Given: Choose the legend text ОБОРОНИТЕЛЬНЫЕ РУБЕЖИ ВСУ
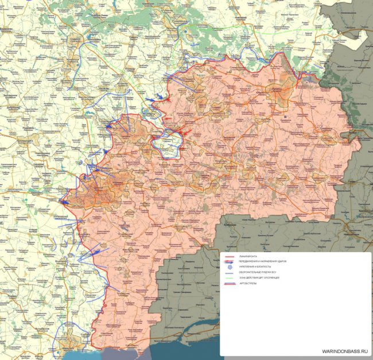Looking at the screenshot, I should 258,272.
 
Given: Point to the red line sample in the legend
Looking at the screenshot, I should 229,256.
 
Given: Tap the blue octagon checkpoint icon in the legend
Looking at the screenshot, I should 229,267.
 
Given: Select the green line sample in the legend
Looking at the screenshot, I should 229,277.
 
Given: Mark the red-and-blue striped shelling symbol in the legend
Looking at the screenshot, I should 229,283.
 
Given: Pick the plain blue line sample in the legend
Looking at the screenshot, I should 229,272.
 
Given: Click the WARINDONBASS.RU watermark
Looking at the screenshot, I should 341,350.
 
